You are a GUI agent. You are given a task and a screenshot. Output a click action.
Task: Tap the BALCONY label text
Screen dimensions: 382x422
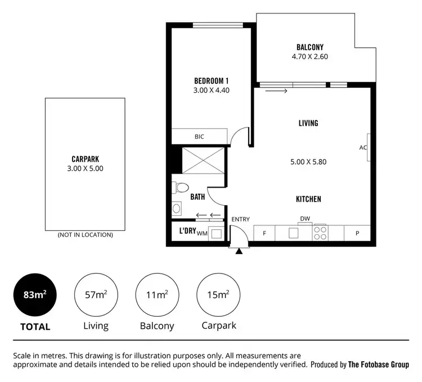coord(309,47)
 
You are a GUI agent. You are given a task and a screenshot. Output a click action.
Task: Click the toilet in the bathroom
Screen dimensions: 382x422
coord(181,187)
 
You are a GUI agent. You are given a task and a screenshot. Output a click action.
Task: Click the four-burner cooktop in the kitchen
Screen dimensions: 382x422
coord(320,233)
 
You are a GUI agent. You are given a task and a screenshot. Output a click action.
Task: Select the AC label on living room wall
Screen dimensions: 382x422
coord(363,148)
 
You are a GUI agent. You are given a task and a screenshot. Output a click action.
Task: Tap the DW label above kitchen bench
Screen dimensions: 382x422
coord(304,219)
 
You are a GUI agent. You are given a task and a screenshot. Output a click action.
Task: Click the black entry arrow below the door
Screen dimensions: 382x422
coord(240,251)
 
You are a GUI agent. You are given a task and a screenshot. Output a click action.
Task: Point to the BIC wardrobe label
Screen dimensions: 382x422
coord(199,137)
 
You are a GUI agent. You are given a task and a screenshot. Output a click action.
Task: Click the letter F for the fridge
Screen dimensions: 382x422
coord(264,233)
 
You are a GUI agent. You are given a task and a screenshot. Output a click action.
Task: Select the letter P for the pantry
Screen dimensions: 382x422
coord(357,233)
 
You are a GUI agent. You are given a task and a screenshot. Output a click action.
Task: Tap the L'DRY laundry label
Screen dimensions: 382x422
coord(187,231)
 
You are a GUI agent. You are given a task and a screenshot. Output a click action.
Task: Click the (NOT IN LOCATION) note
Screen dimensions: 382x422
coord(85,235)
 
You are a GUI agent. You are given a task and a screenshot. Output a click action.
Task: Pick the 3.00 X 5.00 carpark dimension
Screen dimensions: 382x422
coord(85,168)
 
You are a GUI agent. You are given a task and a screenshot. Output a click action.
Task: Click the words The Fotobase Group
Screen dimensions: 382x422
coord(378,365)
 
